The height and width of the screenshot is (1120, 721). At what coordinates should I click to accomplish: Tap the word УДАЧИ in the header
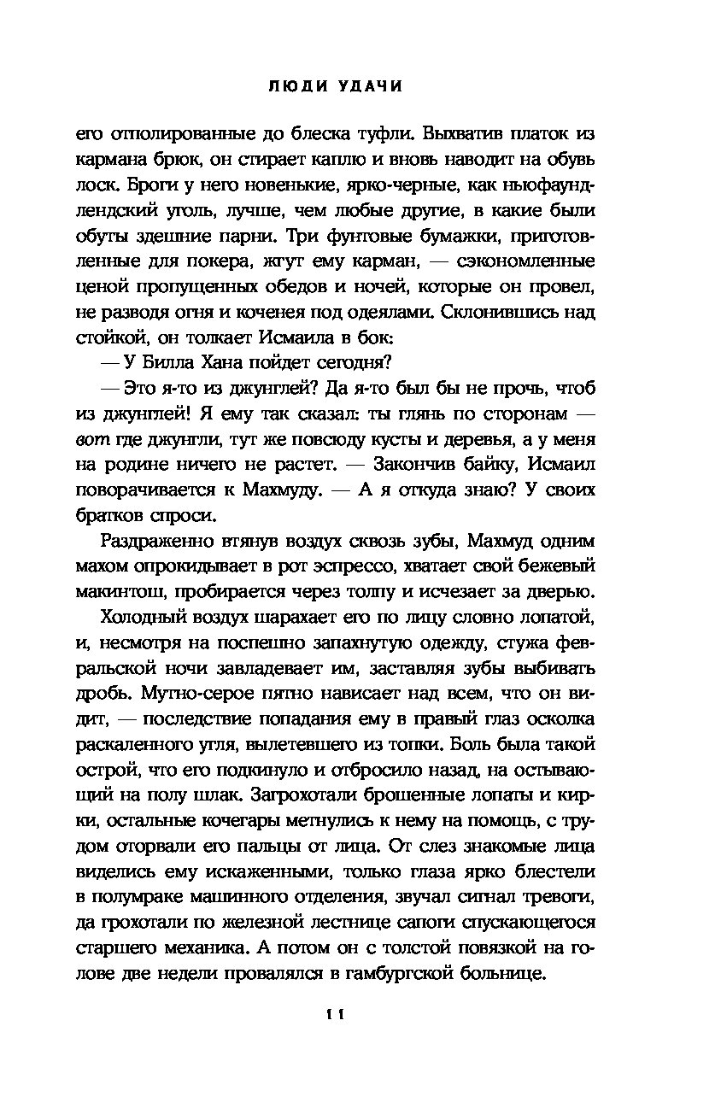[x=368, y=86]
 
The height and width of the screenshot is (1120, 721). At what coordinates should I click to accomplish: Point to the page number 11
[x=335, y=1014]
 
